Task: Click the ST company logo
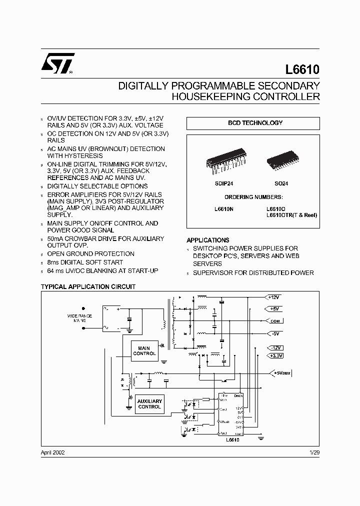58,63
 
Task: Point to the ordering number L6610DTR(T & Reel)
292,215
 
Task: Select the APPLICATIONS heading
208,240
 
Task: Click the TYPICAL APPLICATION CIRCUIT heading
88,287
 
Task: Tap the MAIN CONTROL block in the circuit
144,350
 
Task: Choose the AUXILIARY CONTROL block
149,404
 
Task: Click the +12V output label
274,296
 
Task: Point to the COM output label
275,321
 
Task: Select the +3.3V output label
275,355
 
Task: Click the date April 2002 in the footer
52,452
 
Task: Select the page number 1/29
314,452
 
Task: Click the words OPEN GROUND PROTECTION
90,254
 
